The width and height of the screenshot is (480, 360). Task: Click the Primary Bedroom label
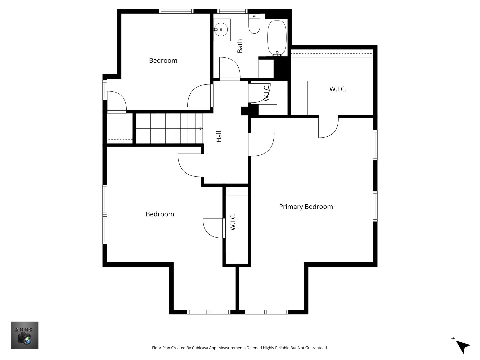[306, 207]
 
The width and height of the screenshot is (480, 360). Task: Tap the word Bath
[240, 46]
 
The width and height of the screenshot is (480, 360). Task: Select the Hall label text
[219, 137]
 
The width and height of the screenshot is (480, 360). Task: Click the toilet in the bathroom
[254, 24]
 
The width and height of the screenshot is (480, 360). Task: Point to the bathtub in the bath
[277, 38]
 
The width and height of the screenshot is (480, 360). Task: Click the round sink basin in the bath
[221, 30]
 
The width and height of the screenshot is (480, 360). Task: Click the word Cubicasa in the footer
[200, 348]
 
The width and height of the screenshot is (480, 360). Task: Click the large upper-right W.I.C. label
[338, 89]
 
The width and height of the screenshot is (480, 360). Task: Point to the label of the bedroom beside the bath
[163, 61]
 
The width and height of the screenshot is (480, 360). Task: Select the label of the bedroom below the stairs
[160, 214]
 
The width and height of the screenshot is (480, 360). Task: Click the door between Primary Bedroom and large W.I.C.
[328, 127]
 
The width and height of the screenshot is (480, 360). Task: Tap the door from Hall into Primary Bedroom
[261, 144]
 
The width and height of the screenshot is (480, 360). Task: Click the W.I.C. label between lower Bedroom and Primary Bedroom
[233, 222]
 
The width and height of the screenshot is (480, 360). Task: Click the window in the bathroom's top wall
[232, 11]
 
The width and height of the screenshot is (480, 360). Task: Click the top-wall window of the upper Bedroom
[176, 11]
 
